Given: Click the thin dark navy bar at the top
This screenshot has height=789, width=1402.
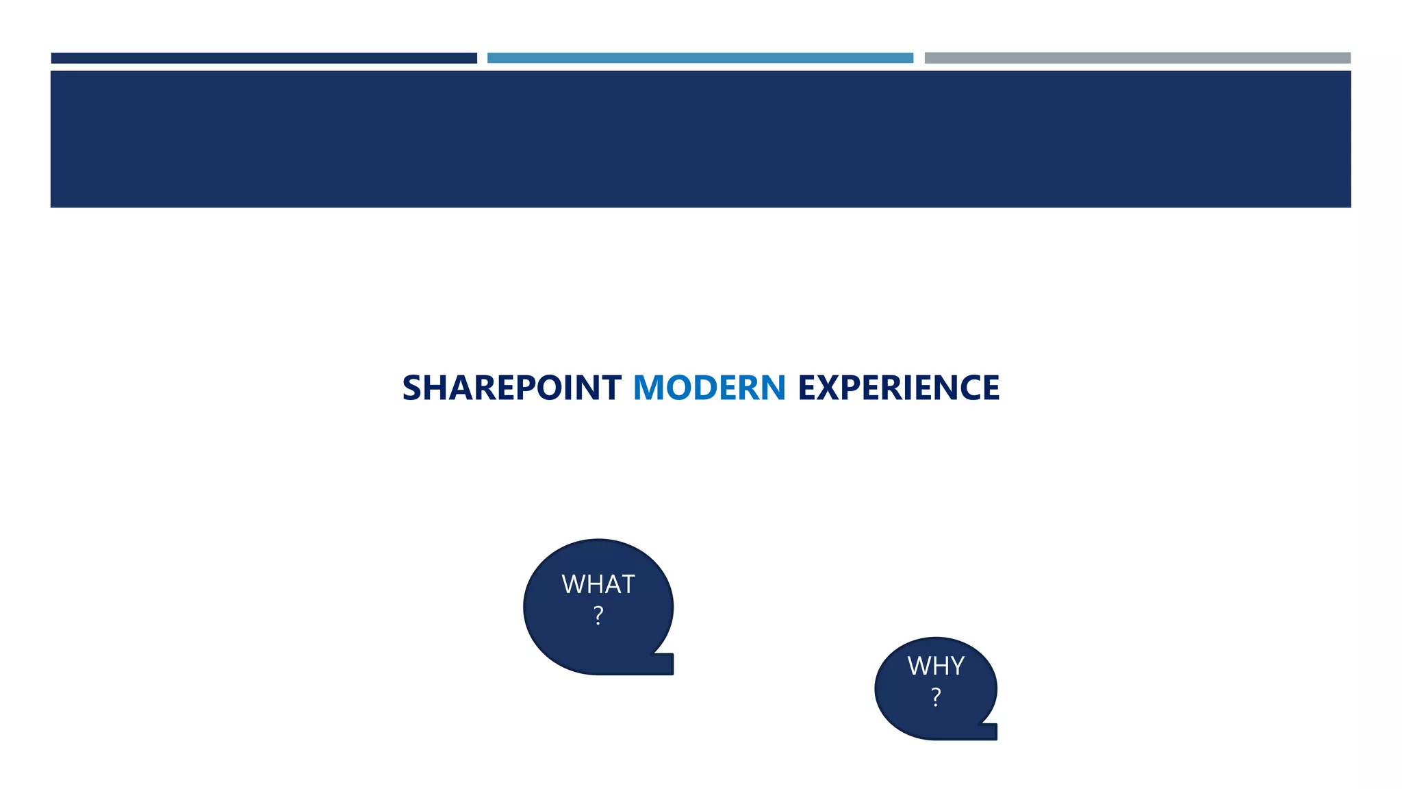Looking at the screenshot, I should pos(264,58).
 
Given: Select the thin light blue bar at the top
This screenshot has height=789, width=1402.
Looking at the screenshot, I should pos(700,58).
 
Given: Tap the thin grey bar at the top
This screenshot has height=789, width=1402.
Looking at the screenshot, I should pos(1137,58).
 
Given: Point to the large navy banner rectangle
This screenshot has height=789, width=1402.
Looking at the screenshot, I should pos(700,139).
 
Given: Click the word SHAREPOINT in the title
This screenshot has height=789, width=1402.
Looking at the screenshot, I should pos(511,388).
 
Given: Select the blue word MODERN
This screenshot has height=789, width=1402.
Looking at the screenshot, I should pos(709,388).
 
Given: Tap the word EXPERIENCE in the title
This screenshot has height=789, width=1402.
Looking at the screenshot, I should pos(898,388).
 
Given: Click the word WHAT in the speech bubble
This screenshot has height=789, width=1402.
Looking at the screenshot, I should pos(598,584).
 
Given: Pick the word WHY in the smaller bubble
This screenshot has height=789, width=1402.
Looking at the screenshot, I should pos(936,666).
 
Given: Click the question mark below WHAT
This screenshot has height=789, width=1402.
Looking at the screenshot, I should pos(598,616).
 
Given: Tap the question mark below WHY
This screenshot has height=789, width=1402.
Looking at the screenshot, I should pos(936,697).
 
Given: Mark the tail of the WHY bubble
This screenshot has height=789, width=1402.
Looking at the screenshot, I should pos(989,731).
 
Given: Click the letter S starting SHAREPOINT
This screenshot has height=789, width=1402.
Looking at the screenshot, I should pos(412,388).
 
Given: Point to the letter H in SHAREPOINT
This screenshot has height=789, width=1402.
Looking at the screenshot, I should pos(435,388).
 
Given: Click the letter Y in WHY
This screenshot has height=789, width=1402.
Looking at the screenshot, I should pos(956,666).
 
